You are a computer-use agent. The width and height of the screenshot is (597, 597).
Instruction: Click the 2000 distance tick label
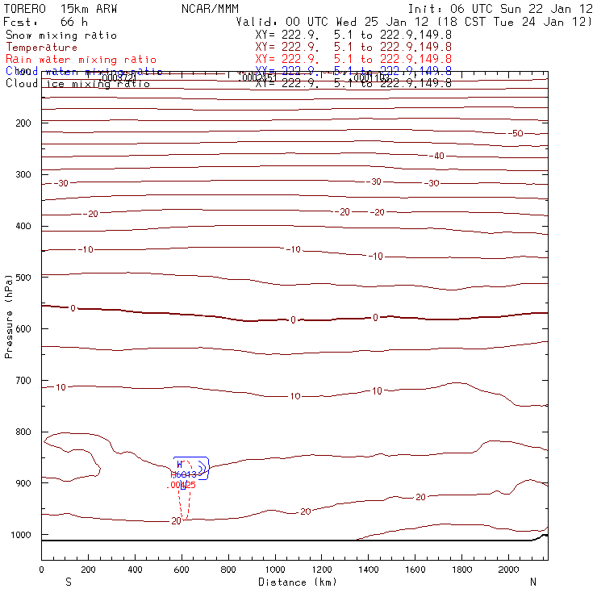[x=509, y=570]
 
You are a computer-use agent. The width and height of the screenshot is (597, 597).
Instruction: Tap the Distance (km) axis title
[x=294, y=582]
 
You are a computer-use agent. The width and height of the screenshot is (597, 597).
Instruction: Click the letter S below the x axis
[x=68, y=582]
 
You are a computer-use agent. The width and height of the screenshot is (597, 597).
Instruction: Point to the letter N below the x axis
[x=532, y=582]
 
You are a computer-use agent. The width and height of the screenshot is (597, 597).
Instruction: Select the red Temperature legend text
[x=41, y=48]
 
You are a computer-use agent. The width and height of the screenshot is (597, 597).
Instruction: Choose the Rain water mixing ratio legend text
[x=81, y=60]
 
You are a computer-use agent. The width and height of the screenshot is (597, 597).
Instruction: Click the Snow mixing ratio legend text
[x=61, y=35]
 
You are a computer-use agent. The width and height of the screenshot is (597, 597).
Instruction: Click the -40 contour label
[x=437, y=156]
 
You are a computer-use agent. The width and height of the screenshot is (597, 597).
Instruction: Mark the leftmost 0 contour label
[x=73, y=308]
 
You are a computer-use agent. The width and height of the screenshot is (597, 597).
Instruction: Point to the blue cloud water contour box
[x=191, y=468]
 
